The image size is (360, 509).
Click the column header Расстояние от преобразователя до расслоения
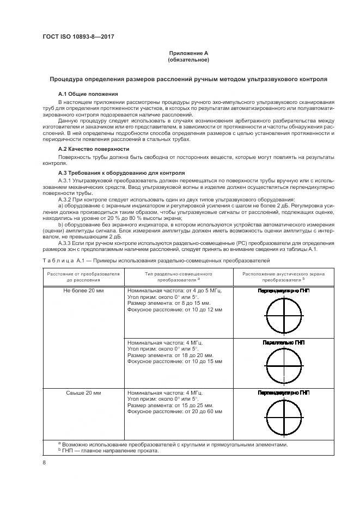(83, 276)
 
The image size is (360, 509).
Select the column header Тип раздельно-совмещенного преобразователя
(179, 276)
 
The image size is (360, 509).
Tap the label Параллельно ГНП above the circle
(283, 343)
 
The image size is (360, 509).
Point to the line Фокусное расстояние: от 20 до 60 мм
(174, 412)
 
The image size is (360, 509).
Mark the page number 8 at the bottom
(44, 462)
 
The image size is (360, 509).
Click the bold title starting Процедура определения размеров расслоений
(188, 79)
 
